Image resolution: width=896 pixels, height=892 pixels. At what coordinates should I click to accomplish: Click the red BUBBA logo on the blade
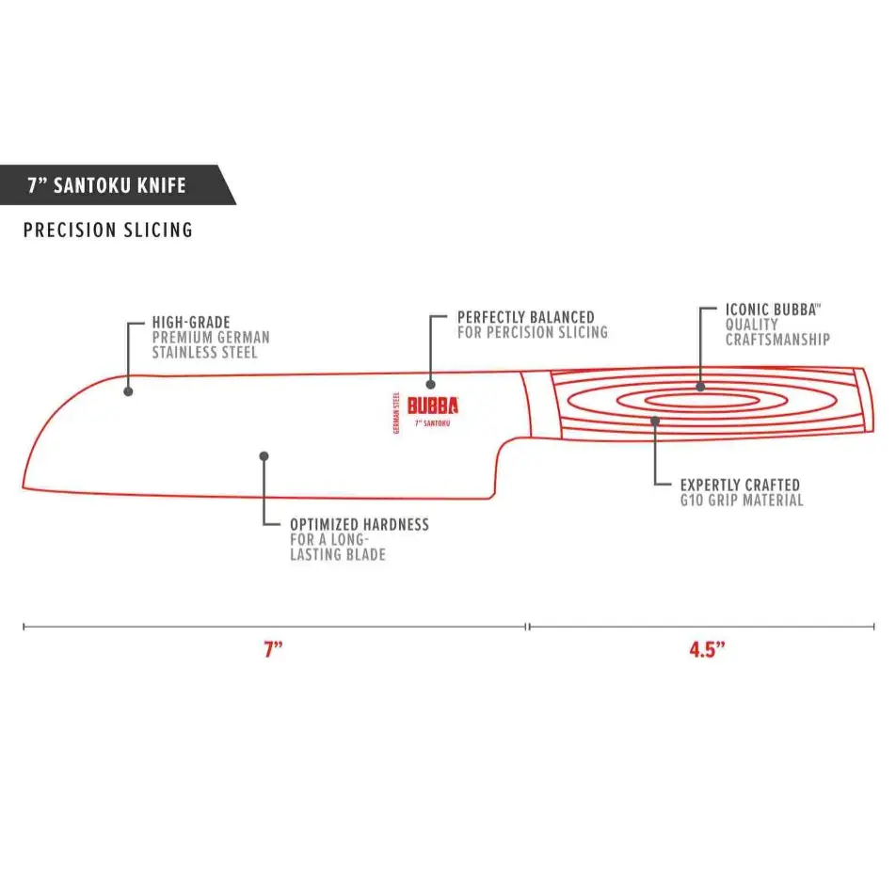click(x=433, y=406)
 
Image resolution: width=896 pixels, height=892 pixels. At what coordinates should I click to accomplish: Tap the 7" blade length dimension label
click(x=273, y=649)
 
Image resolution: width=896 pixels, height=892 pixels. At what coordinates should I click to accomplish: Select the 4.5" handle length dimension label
click(x=707, y=649)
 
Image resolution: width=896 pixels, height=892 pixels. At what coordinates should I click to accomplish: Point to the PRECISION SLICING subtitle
click(x=108, y=230)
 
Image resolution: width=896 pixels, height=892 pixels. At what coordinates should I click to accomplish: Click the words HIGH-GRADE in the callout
click(x=191, y=323)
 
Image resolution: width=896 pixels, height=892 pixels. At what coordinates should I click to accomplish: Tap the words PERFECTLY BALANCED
click(x=526, y=317)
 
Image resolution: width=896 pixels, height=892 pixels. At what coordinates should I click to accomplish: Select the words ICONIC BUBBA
click(x=771, y=310)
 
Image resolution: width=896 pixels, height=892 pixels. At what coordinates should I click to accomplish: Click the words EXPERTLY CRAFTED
click(x=740, y=486)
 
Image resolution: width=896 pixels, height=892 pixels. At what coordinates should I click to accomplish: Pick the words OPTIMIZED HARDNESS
click(x=360, y=525)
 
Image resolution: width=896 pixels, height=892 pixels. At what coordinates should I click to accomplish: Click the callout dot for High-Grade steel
click(x=128, y=391)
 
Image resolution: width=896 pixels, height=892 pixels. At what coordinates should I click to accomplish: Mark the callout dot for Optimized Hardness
click(x=264, y=456)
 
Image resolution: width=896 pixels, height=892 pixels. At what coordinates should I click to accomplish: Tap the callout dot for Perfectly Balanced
click(x=431, y=385)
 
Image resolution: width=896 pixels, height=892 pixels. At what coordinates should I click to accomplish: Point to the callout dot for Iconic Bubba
click(x=700, y=387)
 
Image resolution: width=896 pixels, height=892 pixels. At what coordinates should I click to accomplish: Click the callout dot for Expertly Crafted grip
click(x=655, y=422)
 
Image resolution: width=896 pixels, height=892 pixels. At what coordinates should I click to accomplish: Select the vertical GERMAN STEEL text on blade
click(x=396, y=412)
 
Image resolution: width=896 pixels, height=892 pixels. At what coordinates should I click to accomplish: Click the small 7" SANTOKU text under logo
click(x=433, y=423)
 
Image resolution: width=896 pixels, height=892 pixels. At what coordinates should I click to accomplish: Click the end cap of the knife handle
click(x=864, y=400)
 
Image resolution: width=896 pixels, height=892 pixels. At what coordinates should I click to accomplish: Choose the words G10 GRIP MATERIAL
click(x=742, y=501)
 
